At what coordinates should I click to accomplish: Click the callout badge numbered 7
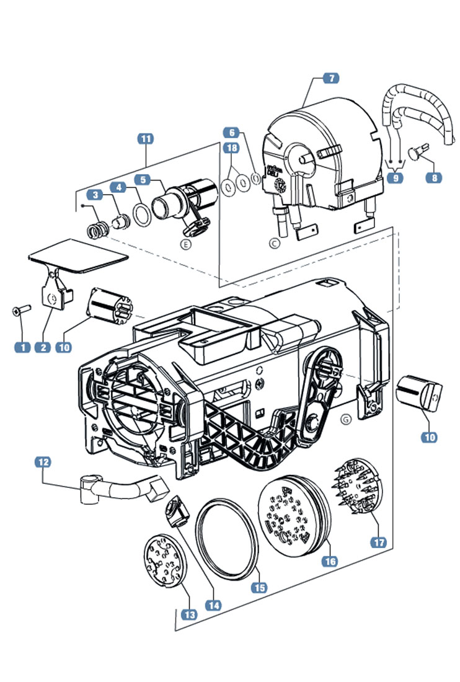coord(330,79)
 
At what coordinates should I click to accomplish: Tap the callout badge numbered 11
coord(145,139)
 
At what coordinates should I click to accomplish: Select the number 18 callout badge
coord(231,148)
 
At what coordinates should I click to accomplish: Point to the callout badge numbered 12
coord(44,463)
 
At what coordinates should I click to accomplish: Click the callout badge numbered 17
coord(379,542)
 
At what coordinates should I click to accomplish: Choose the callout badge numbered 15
coord(259,586)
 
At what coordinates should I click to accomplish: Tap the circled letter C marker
coord(275,243)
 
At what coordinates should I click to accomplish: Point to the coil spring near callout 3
coord(99,231)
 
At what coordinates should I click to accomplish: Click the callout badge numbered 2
coord(43,347)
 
